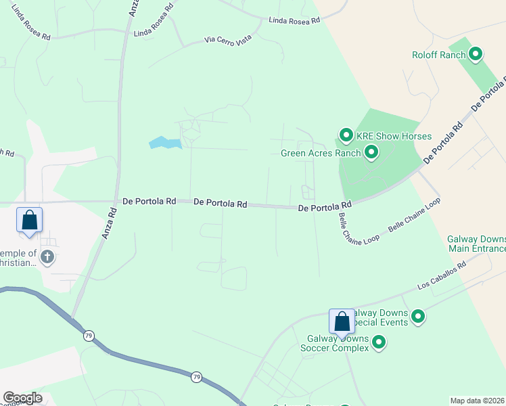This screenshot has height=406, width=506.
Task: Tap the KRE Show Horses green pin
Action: [x=346, y=136]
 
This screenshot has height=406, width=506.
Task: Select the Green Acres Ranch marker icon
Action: [x=371, y=153]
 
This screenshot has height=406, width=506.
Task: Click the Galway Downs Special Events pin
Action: [x=418, y=315]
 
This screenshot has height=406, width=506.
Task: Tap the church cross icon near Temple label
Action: [x=47, y=256]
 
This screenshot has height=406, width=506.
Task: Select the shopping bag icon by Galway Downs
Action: [x=342, y=321]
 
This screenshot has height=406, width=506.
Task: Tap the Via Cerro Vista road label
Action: [x=229, y=41]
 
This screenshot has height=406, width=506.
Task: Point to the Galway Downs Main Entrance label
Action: [x=476, y=243]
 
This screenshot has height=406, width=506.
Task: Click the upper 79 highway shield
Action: [x=88, y=336]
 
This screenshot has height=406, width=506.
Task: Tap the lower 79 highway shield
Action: [x=195, y=376]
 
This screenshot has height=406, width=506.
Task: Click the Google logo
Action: [x=22, y=398]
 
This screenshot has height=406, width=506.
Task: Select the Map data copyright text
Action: [x=477, y=401]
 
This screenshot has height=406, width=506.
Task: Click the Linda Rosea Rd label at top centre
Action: [x=294, y=21]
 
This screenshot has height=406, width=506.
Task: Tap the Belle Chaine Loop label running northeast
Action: [x=414, y=217]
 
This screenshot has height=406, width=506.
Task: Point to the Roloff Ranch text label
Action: [x=439, y=55]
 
